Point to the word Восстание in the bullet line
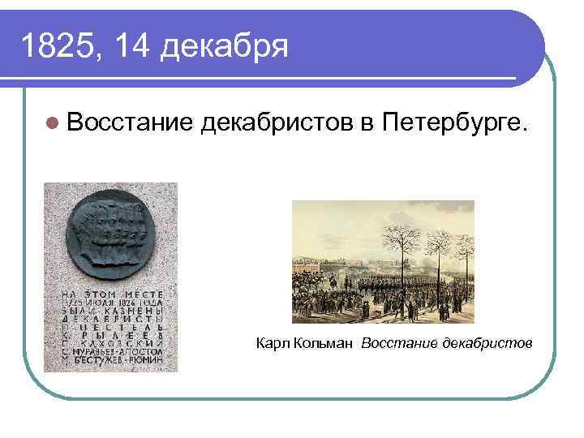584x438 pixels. coord(130,124)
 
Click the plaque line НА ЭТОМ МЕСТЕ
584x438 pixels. coord(110,293)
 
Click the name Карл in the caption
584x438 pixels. coord(268,344)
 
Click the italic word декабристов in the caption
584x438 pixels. coord(487,344)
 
